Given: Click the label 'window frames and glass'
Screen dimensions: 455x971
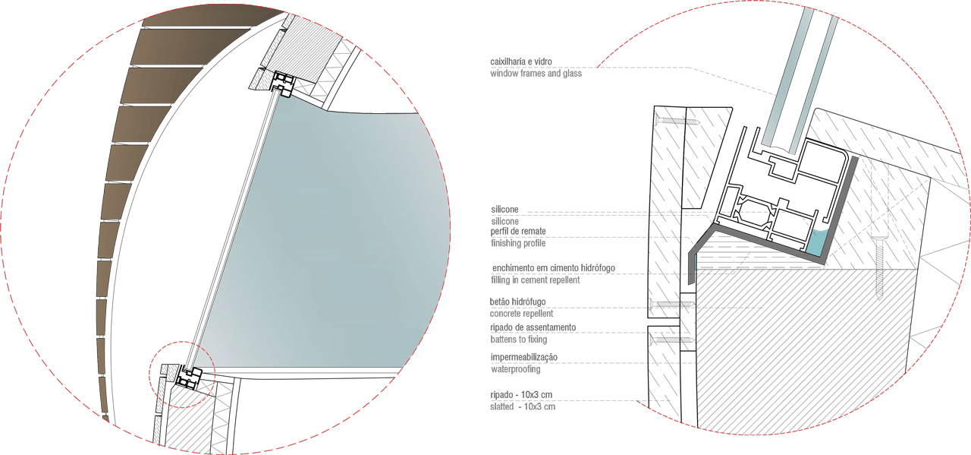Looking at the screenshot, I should [536, 74].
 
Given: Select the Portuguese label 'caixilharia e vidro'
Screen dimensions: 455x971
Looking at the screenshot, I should [521, 61].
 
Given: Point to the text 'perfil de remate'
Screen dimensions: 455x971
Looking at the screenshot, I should [519, 231].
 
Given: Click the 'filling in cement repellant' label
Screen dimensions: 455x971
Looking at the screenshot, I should [535, 280].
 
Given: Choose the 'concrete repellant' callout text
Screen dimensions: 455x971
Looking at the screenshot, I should [522, 313].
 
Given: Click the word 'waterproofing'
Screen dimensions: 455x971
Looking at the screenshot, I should [516, 371].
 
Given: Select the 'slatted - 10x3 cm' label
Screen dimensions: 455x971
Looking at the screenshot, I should [523, 406].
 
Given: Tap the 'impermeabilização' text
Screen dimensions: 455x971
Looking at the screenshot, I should [524, 357].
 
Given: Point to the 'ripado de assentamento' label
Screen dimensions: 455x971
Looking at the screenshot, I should [533, 327].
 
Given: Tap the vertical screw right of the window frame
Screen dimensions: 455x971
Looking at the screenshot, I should [880, 266].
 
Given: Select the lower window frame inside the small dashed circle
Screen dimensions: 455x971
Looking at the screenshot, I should [187, 377].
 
